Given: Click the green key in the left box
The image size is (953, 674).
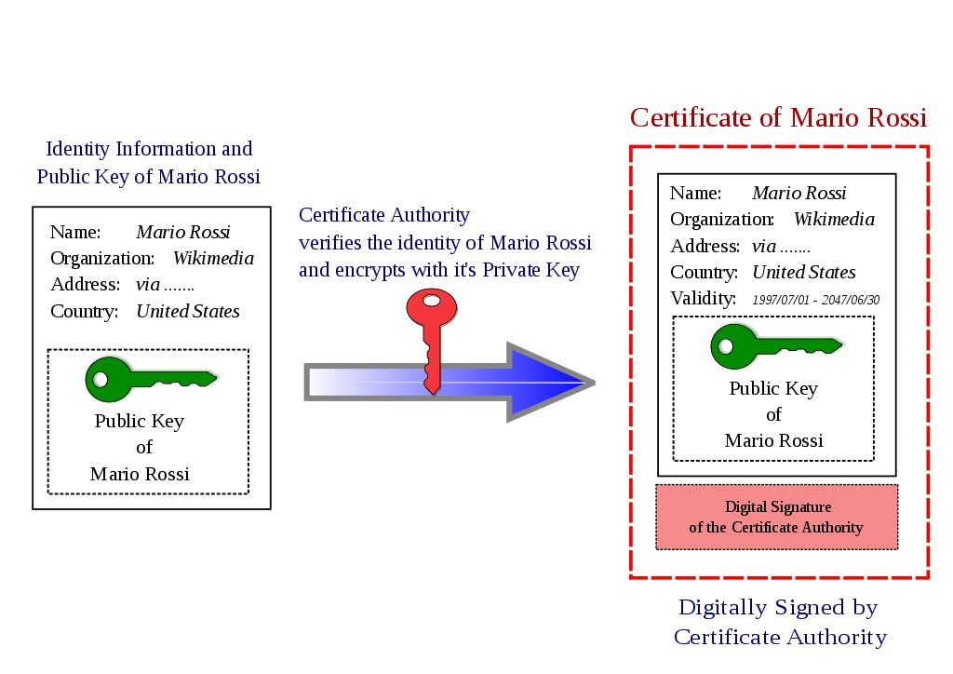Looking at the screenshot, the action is pos(151,379).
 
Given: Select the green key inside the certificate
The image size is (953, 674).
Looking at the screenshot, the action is pos(776,346).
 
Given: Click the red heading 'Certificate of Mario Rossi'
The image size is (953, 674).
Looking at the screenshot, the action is pos(779,117).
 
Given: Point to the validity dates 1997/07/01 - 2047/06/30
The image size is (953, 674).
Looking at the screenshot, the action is pos(815,300).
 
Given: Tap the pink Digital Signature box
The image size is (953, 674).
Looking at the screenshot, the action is pos(777,518).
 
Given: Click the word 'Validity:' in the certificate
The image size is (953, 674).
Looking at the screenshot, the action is pos(704,299).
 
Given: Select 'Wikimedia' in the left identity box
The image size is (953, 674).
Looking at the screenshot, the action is pos(213,258).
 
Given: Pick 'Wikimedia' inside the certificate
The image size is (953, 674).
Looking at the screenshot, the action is pos(834,220).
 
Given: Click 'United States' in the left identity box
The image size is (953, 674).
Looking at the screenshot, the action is pos(188,311).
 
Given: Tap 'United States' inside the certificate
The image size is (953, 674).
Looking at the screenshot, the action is pos(804,272).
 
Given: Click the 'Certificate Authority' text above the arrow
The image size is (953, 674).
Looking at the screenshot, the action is pos(384,214).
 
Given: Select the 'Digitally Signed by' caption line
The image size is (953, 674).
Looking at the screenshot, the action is pos(779,608).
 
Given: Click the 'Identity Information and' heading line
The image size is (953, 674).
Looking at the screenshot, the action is pos(149,149).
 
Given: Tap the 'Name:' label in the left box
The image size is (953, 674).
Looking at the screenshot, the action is pos(75,232).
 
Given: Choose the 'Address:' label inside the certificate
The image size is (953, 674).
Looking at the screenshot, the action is pos(705,246).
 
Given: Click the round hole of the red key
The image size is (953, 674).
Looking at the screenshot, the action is pos(432,301).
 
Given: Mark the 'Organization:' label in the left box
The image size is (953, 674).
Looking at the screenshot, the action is pos(102,259).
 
